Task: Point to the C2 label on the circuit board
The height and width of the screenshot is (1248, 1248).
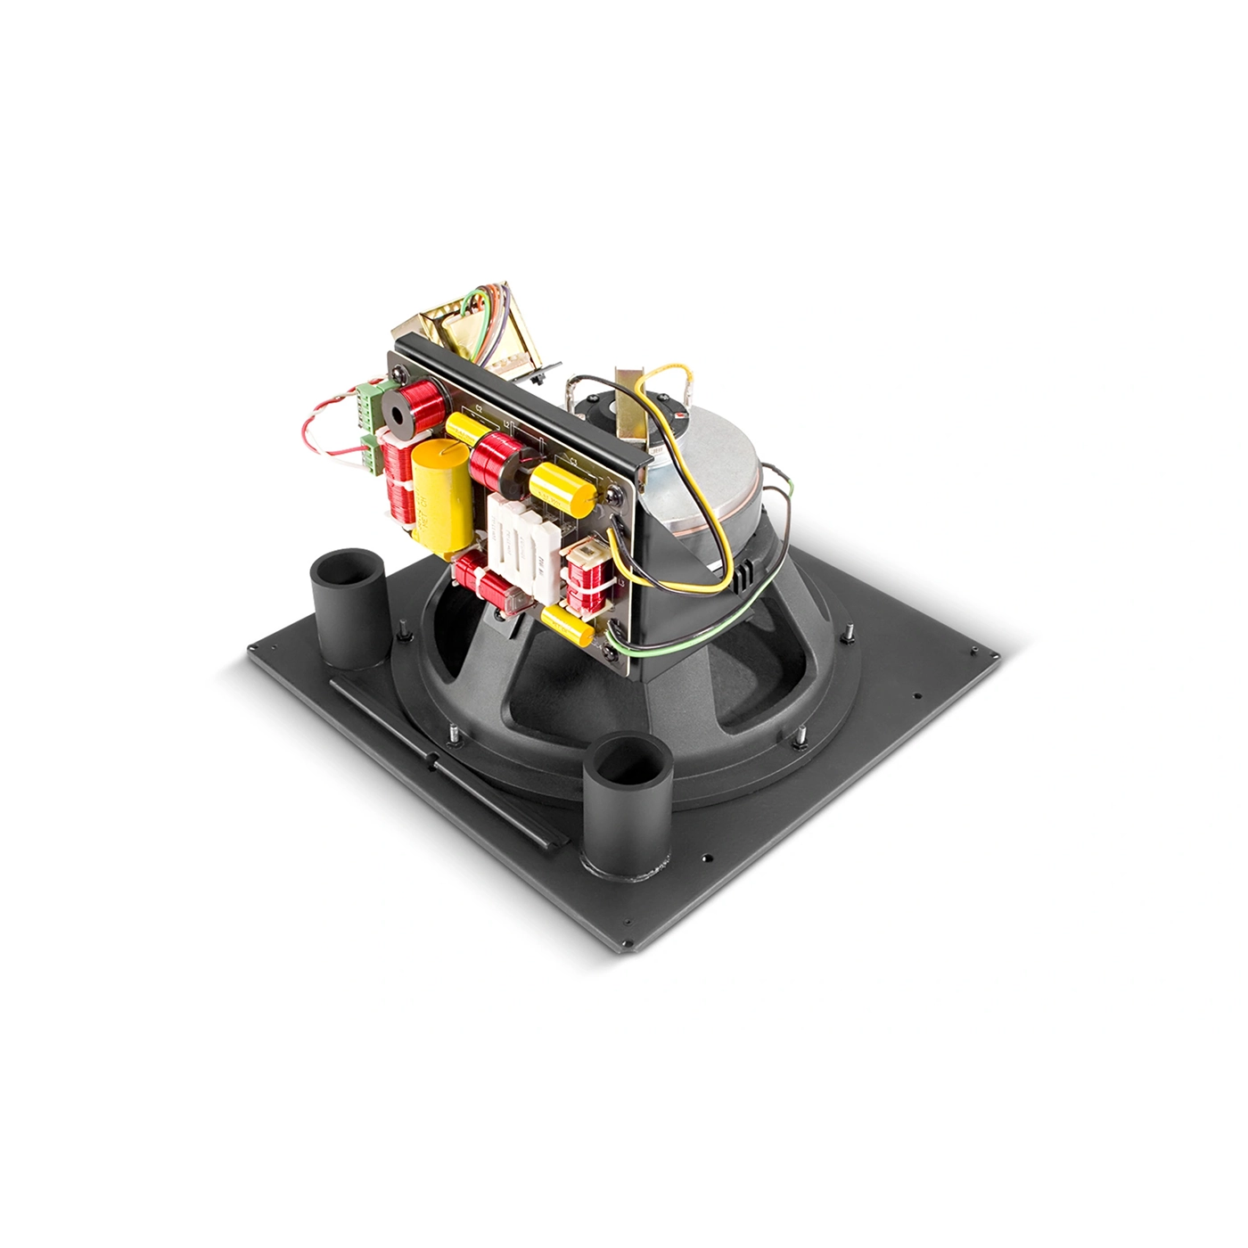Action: tap(479, 408)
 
